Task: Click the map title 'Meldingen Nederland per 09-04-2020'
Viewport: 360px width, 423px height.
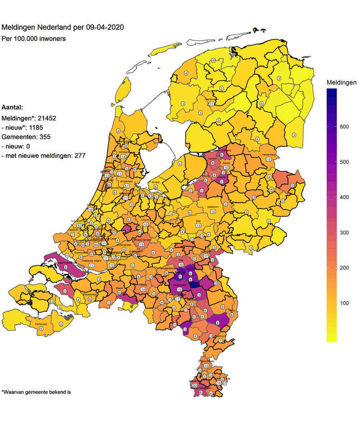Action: (63, 27)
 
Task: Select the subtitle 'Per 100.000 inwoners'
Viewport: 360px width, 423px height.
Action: (34, 39)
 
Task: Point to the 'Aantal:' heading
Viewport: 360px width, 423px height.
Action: (13, 108)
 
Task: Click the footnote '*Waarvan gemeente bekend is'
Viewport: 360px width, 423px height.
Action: (36, 392)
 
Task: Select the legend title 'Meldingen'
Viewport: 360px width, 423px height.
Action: (341, 83)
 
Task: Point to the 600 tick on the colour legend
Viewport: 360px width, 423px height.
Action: (344, 127)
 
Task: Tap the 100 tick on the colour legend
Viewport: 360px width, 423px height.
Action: (344, 303)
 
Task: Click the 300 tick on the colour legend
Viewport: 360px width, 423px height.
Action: (344, 232)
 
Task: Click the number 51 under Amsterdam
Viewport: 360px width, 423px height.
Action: (127, 186)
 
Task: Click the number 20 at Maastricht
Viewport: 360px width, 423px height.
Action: (194, 386)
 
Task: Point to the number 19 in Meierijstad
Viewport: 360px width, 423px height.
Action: (180, 290)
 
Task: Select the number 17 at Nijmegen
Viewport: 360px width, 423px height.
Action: (206, 256)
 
